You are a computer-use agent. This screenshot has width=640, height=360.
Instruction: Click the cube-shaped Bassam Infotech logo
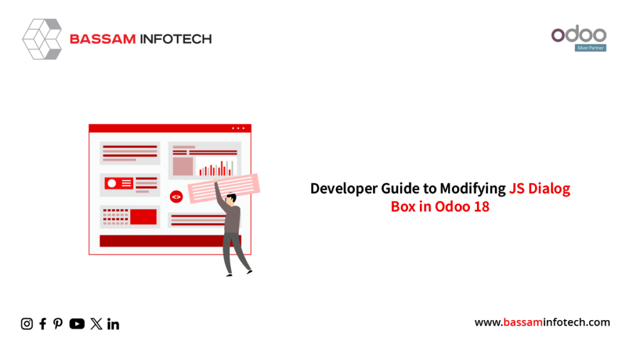coord(42,39)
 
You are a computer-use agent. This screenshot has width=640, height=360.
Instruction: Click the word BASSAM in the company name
coord(102,39)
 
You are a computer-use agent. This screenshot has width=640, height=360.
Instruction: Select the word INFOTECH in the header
coord(176,39)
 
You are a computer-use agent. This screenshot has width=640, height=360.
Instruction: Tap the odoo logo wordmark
coord(579,34)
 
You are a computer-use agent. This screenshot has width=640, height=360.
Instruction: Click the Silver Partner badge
coord(591,47)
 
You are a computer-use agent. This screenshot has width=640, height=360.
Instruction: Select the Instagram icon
coord(27,324)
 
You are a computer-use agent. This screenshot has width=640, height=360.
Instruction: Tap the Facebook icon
coord(43,324)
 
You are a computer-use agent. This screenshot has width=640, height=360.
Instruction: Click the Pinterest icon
coord(58,324)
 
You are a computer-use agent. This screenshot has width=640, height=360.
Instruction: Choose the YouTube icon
coord(77,324)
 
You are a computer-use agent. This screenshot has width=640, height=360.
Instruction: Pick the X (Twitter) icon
coord(96,324)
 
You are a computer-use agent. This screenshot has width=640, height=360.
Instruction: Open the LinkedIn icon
coord(113,324)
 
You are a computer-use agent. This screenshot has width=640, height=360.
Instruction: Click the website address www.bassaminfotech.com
coord(542,322)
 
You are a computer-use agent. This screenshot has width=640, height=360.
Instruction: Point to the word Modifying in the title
coord(472,189)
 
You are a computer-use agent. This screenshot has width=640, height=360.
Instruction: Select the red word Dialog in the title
coord(549,189)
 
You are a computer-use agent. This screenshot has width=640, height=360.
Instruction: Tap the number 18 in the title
coord(482,206)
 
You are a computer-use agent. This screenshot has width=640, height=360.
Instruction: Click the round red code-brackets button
coord(176,197)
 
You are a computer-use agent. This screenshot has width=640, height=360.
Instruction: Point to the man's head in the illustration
coord(231,199)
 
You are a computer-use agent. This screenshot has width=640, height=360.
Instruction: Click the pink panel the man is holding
coord(224,187)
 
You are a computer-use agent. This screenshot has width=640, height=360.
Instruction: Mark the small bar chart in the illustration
coord(216,167)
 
